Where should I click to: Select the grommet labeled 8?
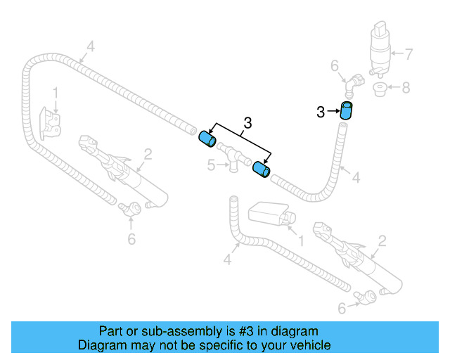pos(380,89)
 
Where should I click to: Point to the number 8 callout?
pos(406,88)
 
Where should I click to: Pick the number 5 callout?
pos(210,165)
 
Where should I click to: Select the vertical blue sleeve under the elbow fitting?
pos(346,111)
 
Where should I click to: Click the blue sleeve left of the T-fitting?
pos(207,139)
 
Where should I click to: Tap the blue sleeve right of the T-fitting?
pos(262,170)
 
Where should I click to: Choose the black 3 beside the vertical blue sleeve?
pos(321,112)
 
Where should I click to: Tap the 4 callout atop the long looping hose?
pos(90,47)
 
